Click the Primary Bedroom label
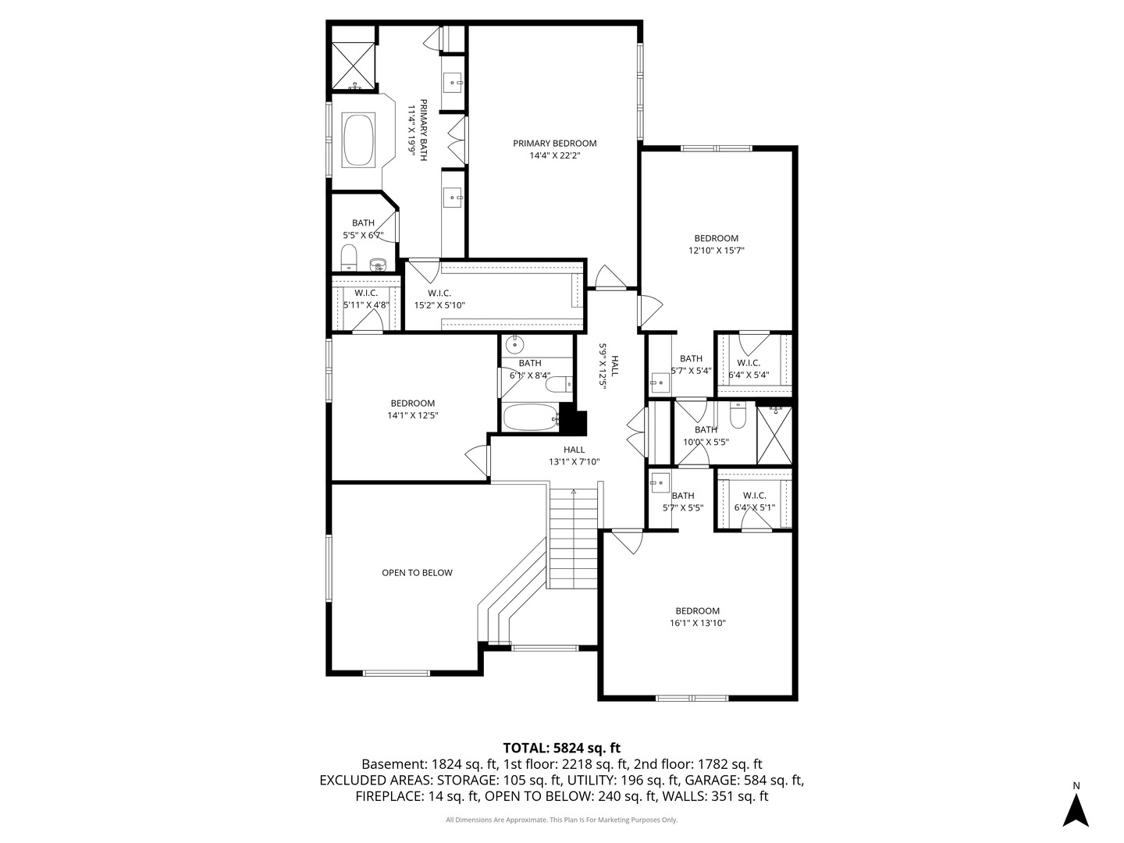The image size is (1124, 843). [x=554, y=149]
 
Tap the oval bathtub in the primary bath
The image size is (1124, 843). [x=358, y=140]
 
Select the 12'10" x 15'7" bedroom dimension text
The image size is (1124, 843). [x=716, y=251]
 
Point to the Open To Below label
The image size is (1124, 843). [x=417, y=573]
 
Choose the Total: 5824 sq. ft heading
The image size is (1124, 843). [x=562, y=748]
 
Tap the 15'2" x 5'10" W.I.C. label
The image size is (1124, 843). [x=439, y=300]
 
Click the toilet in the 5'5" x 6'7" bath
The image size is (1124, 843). [x=349, y=257]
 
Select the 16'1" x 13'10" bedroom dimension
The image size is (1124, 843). [x=698, y=623]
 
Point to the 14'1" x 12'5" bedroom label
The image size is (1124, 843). [x=413, y=410]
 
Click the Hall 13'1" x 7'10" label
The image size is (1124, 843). [x=574, y=456]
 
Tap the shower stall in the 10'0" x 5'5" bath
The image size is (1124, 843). [x=774, y=436]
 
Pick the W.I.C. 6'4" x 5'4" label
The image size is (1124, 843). [x=749, y=368]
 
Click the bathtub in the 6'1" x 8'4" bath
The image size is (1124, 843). [x=531, y=418]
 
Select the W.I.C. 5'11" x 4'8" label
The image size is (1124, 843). [x=366, y=299]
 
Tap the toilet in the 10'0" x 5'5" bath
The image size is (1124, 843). [x=738, y=415]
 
